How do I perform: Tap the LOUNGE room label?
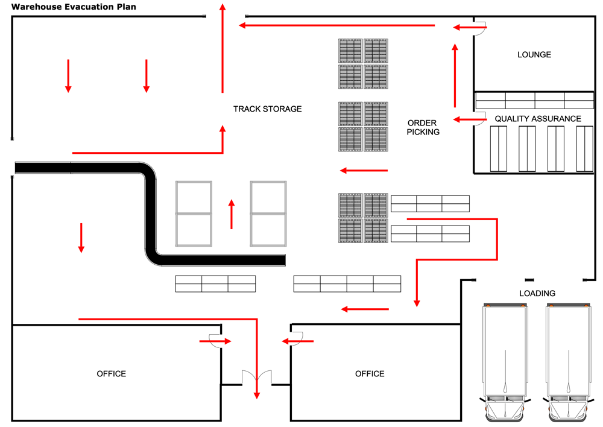(534, 55)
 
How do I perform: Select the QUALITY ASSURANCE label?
(538, 119)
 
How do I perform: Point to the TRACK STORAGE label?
(267, 109)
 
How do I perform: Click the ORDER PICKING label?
(423, 127)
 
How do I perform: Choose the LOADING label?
(537, 294)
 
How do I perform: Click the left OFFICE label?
(112, 374)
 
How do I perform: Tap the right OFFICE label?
(370, 374)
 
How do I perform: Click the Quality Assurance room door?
(480, 119)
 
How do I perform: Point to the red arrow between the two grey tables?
(232, 214)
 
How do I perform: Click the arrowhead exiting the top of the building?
(223, 8)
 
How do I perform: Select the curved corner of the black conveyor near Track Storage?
(150, 171)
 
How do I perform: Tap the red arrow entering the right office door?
(297, 341)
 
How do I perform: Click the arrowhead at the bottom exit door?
(257, 394)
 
